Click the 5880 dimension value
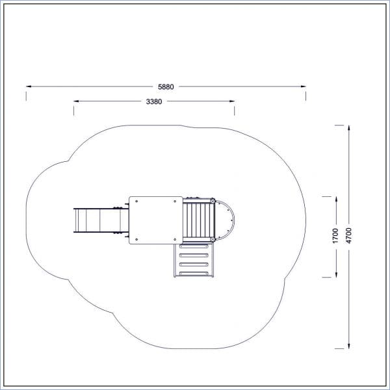point(166,87)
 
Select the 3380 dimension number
point(154,101)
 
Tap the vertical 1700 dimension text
point(335,235)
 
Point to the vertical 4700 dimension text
point(348,235)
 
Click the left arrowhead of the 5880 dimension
point(29,86)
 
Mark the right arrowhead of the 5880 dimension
point(303,86)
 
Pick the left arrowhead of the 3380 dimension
point(76,101)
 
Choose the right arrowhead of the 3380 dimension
point(232,101)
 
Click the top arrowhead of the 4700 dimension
point(349,128)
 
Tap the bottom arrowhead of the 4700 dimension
point(349,346)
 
